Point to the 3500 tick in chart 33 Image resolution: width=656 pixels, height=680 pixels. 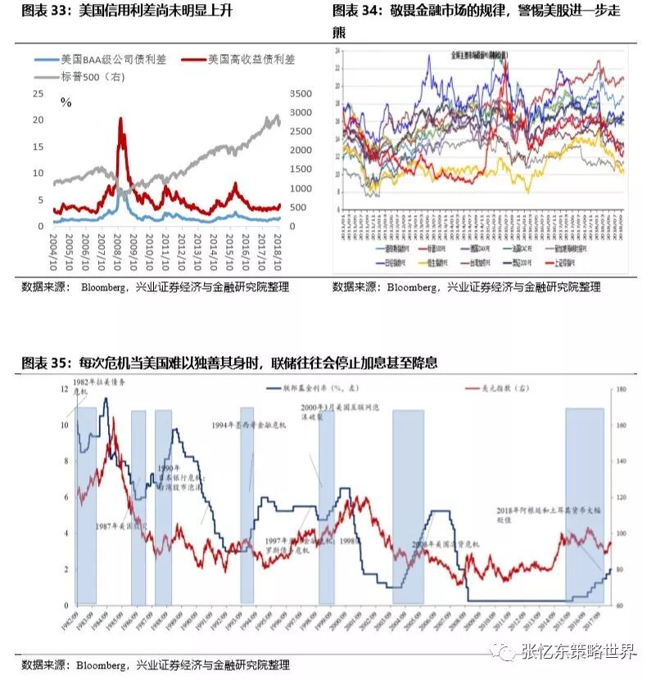click(x=301, y=93)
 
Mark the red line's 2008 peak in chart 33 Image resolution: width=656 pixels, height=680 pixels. click(x=120, y=119)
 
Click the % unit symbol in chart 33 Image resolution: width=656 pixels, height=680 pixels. click(x=66, y=102)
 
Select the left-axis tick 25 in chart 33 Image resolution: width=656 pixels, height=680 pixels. click(x=38, y=94)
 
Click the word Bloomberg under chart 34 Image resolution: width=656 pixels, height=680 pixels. click(x=414, y=287)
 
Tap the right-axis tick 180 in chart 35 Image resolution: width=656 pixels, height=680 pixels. click(x=620, y=390)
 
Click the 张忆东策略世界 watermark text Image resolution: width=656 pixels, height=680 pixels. click(x=579, y=652)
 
